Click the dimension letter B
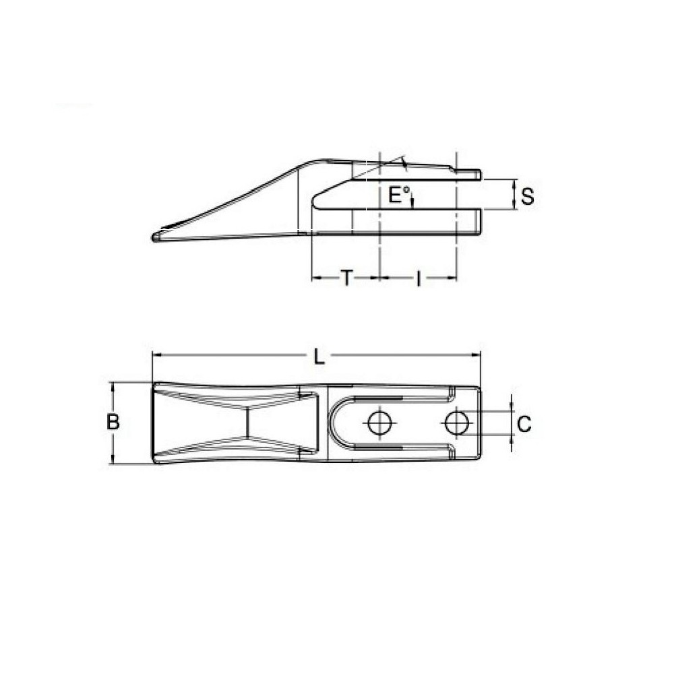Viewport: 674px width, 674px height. (x=113, y=423)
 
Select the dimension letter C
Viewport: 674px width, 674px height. (x=524, y=424)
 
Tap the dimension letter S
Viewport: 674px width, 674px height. (x=528, y=197)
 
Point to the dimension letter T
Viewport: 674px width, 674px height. (x=345, y=278)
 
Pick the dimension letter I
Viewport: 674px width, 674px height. (x=418, y=278)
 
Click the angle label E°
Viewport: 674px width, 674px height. (x=399, y=195)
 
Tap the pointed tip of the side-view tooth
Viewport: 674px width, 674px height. (x=155, y=237)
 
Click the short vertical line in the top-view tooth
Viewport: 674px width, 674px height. (x=247, y=423)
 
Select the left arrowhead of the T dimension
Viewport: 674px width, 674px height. (x=315, y=276)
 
